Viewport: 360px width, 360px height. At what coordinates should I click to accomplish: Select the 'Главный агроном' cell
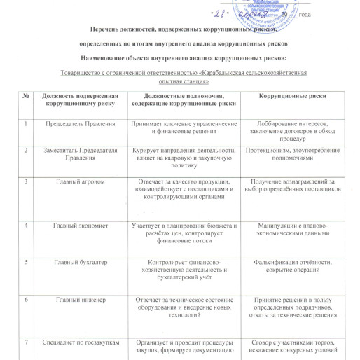click(x=76, y=182)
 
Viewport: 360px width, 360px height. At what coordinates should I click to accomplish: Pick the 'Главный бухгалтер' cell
click(x=76, y=263)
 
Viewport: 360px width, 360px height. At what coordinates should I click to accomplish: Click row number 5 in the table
click(x=27, y=263)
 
